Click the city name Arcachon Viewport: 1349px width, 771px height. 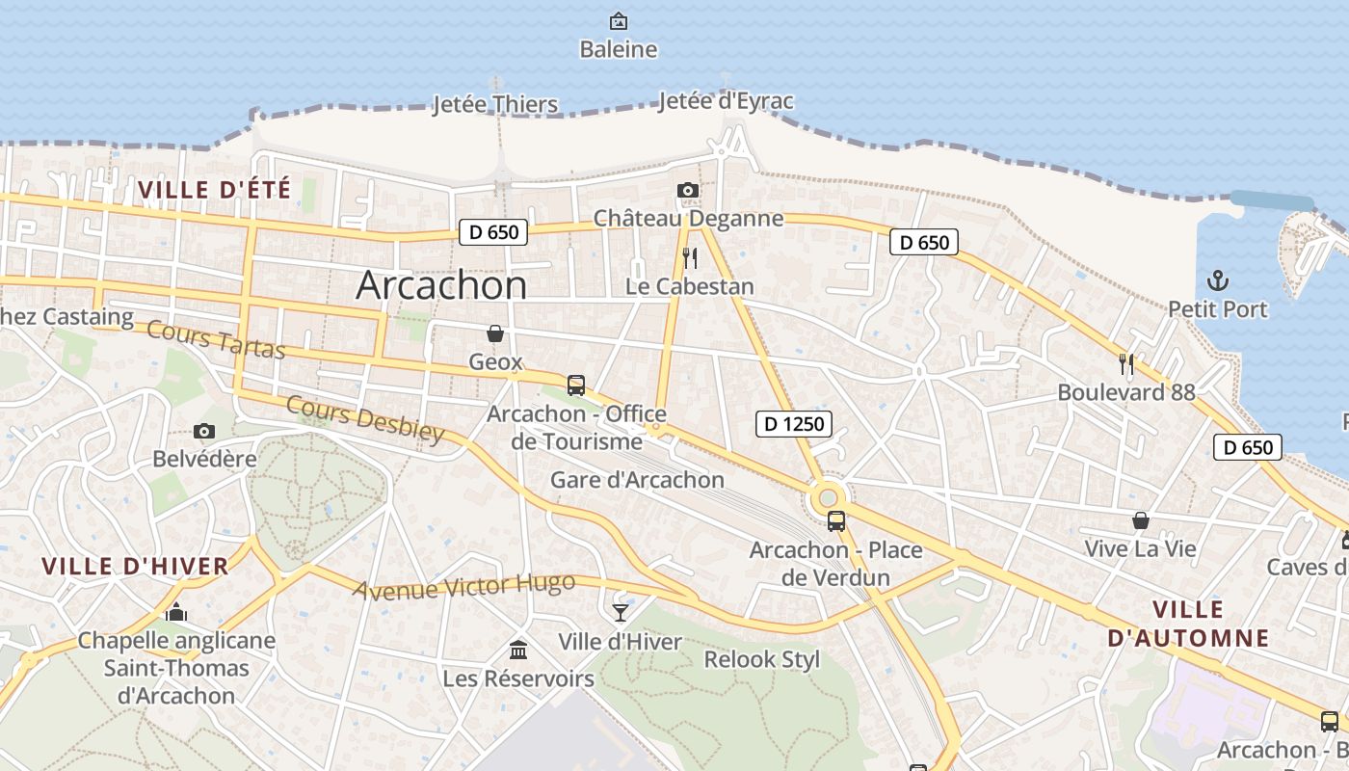click(441, 285)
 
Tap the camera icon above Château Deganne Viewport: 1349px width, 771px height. click(688, 190)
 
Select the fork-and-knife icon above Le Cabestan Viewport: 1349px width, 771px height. click(689, 257)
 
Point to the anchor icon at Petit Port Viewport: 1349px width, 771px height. click(1218, 281)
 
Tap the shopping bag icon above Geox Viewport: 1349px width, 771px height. click(495, 333)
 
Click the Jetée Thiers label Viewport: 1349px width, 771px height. click(495, 104)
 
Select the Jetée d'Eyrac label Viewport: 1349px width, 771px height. click(726, 101)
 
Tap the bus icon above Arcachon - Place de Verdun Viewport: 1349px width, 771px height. click(836, 521)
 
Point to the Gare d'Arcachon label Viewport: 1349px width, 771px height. click(637, 479)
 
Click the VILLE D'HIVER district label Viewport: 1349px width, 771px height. click(136, 566)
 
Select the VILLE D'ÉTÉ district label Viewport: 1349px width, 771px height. click(214, 190)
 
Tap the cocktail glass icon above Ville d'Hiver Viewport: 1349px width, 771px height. click(621, 612)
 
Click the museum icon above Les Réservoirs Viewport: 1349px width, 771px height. click(518, 650)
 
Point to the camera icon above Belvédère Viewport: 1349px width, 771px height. click(204, 431)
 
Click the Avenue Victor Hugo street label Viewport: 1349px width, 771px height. click(463, 586)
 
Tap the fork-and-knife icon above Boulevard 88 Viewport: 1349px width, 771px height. click(1125, 363)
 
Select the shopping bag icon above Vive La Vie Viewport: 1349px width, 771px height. click(1141, 520)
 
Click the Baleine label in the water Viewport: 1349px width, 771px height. click(619, 49)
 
